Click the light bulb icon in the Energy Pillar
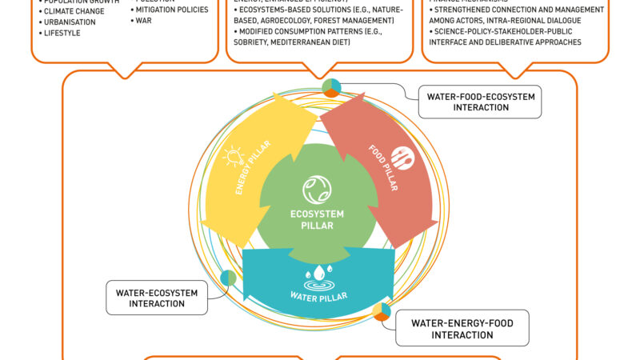pos(233,154)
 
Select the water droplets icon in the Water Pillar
pos(318,274)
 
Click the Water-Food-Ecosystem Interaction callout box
pos(479,102)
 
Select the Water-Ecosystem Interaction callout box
pos(156,298)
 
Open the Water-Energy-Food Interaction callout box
pos(462,329)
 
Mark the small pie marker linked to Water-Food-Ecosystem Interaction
pos(331,87)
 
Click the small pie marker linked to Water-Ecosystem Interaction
pos(229,278)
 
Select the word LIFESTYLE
pos(63,33)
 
